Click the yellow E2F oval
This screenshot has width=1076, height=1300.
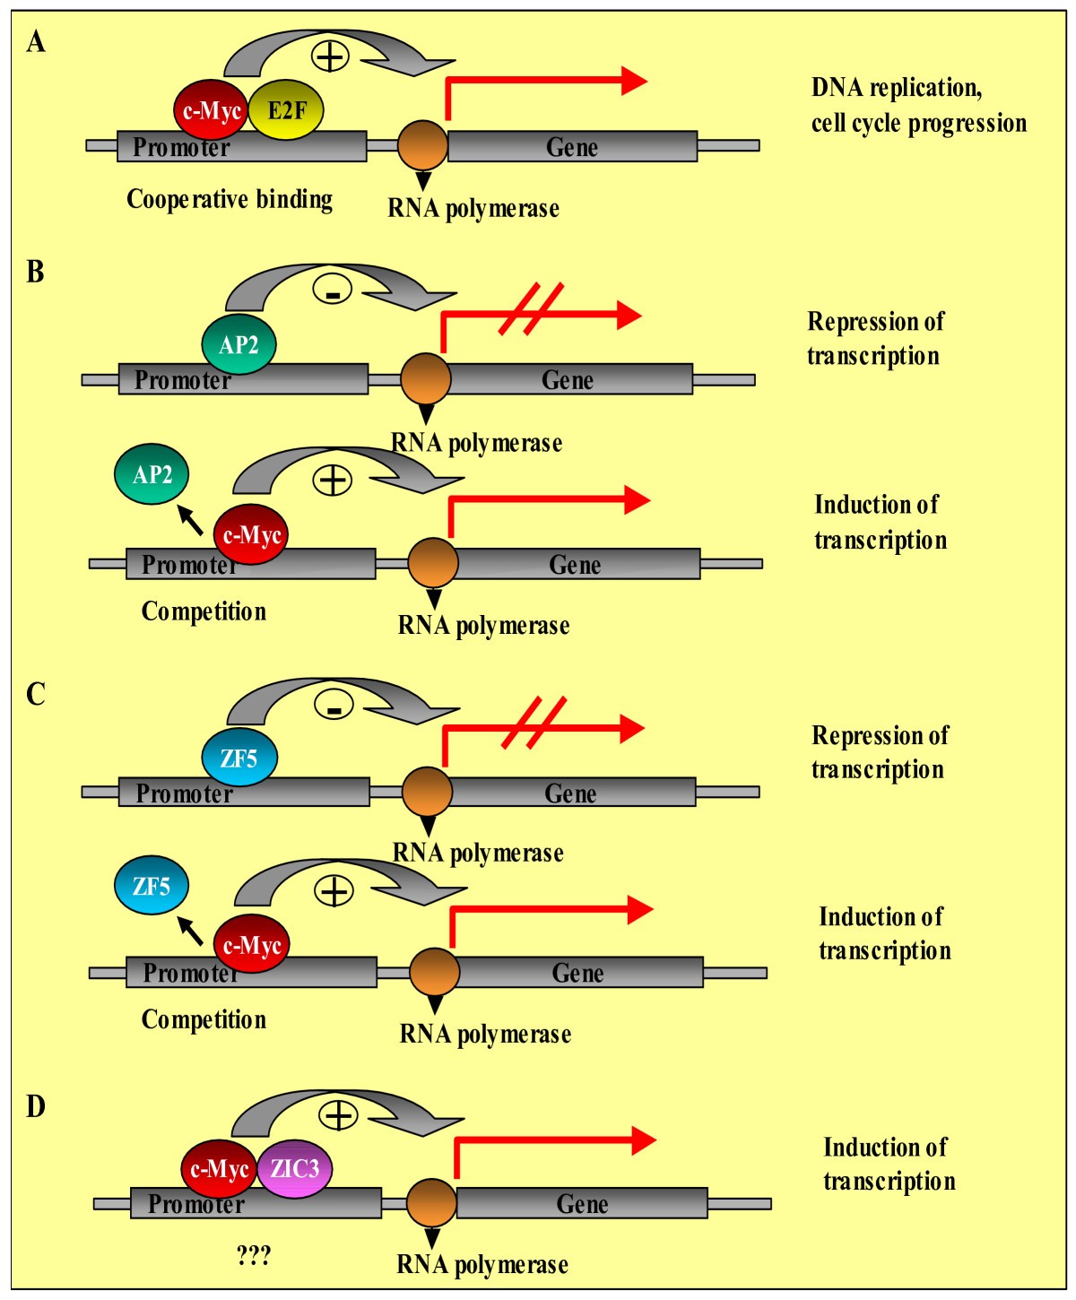tap(285, 110)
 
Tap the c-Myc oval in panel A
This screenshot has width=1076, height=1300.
tap(211, 111)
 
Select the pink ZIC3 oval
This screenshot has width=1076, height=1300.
tap(294, 1169)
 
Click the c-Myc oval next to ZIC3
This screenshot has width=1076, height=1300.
tap(220, 1169)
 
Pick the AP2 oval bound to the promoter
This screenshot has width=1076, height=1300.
tap(239, 345)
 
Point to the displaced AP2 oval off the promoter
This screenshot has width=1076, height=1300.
tap(152, 473)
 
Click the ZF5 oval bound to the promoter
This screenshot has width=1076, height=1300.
tap(239, 759)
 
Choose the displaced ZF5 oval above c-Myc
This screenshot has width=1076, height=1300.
tap(152, 887)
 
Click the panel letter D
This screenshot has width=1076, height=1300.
tap(36, 1106)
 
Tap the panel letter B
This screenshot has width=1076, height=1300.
tap(36, 272)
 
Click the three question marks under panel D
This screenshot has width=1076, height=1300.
tap(254, 1255)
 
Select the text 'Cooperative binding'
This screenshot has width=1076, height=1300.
tap(230, 199)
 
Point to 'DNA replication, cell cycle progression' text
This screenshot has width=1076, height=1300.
tap(918, 105)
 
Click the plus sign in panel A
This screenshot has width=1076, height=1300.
tap(330, 56)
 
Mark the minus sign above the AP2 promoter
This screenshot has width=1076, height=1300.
tap(332, 290)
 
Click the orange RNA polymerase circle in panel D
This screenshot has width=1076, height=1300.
tap(432, 1203)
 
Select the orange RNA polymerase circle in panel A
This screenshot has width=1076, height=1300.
tap(422, 144)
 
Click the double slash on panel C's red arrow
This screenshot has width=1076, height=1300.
tap(533, 723)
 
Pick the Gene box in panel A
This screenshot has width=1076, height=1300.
tap(572, 146)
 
